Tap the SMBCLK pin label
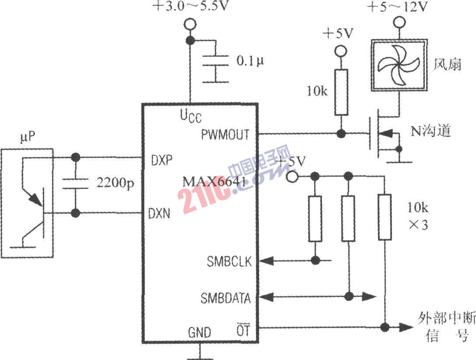(226, 261)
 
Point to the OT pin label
(243, 331)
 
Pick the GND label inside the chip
(199, 332)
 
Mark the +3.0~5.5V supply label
(191, 6)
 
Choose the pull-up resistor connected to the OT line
(385, 217)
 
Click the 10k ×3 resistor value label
(417, 217)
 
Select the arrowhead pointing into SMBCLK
(266, 261)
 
